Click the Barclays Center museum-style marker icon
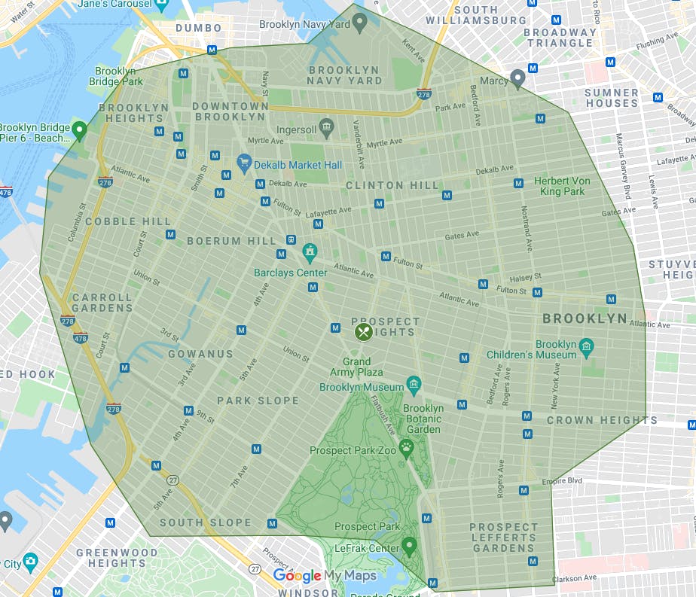[309, 251]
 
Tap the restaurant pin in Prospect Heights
[363, 331]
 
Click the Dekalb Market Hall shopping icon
[243, 162]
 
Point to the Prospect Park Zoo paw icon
[407, 449]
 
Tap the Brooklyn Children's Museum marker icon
[587, 347]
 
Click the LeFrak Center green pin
[409, 545]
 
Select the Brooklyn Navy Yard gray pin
[360, 22]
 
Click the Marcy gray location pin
[517, 78]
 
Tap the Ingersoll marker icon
[325, 125]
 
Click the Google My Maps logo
[324, 576]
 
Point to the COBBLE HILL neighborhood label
[122, 221]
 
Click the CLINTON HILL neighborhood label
[392, 185]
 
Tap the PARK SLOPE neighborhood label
[258, 401]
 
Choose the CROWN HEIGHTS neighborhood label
[602, 420]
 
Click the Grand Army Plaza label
[356, 367]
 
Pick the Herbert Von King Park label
[562, 186]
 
